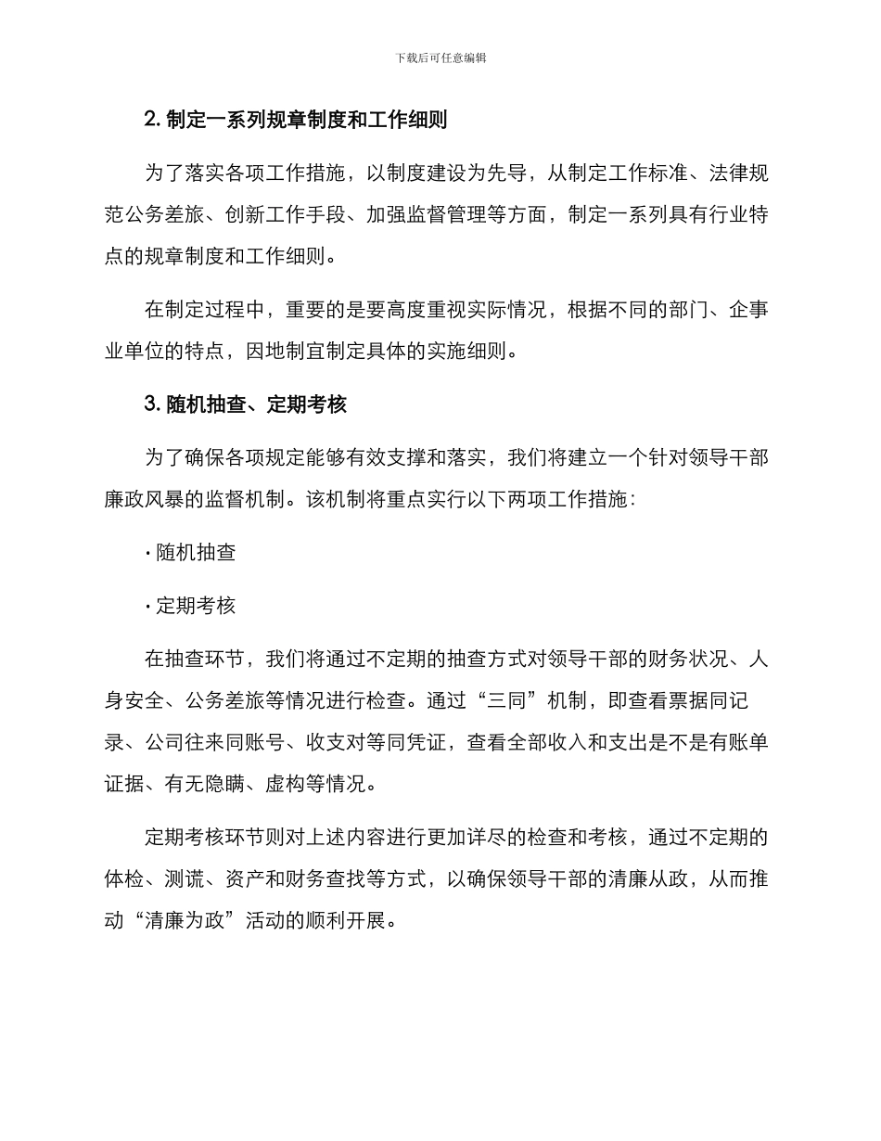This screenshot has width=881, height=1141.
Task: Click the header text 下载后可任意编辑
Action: [440, 58]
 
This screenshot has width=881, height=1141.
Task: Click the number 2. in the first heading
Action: [153, 120]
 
